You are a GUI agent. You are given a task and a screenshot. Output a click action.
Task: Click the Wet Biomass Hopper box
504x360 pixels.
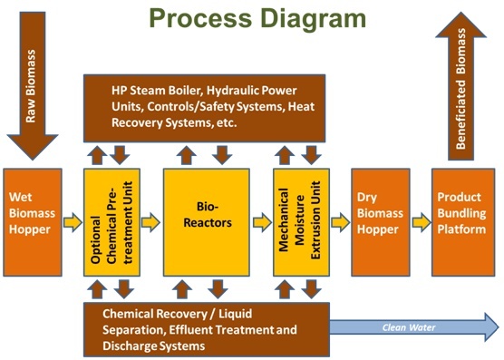[x=33, y=221]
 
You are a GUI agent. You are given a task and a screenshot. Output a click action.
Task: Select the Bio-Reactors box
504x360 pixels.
[x=205, y=221]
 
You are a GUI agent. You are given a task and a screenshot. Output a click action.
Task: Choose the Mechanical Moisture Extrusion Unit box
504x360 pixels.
[x=299, y=221]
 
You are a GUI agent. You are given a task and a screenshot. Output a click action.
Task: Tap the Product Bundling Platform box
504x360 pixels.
[x=462, y=221]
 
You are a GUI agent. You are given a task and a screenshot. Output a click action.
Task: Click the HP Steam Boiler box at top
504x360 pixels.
[x=205, y=107]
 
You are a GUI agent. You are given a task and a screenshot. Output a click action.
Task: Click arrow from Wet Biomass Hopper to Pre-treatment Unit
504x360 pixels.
[x=73, y=221]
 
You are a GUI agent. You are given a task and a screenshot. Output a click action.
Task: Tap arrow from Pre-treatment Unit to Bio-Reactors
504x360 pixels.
[x=152, y=221]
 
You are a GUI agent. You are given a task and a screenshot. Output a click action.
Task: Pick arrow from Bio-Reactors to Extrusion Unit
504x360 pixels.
[x=261, y=221]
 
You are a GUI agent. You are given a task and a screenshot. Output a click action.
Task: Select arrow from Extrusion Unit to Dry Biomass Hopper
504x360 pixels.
[x=340, y=221]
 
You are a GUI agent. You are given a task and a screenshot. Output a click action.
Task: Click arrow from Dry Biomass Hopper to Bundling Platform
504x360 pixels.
[x=421, y=221]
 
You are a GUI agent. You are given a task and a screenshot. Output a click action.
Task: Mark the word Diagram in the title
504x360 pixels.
[x=306, y=19]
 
